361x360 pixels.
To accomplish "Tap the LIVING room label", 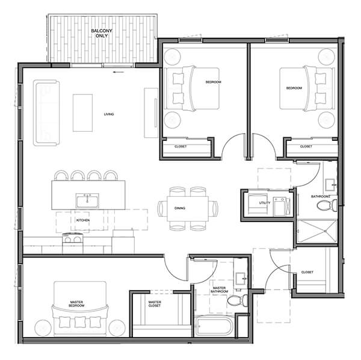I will pyautogui.click(x=109, y=114).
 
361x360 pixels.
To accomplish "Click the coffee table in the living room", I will pyautogui.click(x=82, y=113).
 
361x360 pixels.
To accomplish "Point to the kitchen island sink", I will pyautogui.click(x=87, y=199).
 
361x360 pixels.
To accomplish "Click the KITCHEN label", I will pyautogui.click(x=82, y=220).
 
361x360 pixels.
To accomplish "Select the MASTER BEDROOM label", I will pyautogui.click(x=76, y=304).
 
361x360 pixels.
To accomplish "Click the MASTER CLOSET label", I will pyautogui.click(x=155, y=305).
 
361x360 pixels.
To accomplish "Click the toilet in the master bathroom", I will pyautogui.click(x=242, y=299).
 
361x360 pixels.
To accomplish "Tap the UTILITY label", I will pyautogui.click(x=265, y=203).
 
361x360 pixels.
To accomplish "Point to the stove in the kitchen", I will pyautogui.click(x=73, y=239).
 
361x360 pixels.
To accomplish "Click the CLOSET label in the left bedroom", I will pyautogui.click(x=180, y=146).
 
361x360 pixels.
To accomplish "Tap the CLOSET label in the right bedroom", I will pyautogui.click(x=306, y=146).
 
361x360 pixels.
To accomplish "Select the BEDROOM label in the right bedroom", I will pyautogui.click(x=293, y=88).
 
